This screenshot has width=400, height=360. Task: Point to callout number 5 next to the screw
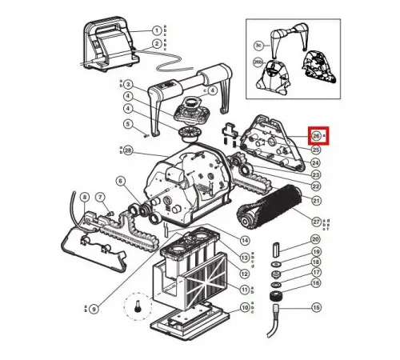127,123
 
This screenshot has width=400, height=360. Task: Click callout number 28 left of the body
127,150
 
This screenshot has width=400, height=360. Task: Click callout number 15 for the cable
316,307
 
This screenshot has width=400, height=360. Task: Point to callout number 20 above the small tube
316,239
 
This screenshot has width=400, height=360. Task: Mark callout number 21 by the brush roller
316,200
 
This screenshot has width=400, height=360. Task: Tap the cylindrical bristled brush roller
267,206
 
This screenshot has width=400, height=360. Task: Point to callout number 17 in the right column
316,273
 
